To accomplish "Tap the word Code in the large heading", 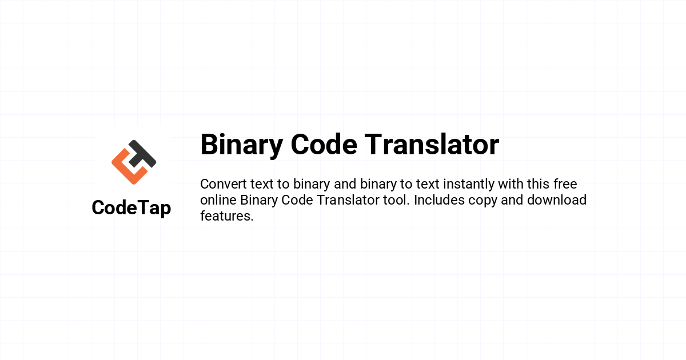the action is (324, 144).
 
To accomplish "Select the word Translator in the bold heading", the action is (432, 144).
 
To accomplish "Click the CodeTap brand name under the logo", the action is (131, 208).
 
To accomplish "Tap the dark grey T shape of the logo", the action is (142, 154).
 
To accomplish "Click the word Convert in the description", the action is (224, 184).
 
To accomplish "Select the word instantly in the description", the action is (469, 185).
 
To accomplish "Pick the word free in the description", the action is (565, 184).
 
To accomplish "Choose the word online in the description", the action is (218, 200).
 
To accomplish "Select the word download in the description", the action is (557, 200).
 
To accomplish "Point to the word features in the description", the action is (227, 216).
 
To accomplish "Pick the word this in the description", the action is (538, 184).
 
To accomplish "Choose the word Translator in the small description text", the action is (348, 200).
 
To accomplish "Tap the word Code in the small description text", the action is (297, 200).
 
